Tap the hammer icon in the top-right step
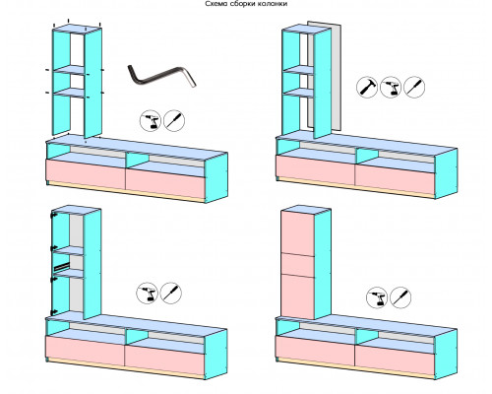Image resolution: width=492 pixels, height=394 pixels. pyautogui.click(x=367, y=87)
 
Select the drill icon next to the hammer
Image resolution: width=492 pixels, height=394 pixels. pyautogui.click(x=391, y=87)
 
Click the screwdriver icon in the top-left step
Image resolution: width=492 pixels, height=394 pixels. pyautogui.click(x=174, y=120)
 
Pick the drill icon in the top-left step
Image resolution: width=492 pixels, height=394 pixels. pyautogui.click(x=151, y=120)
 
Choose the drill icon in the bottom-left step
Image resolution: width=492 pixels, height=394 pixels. pyautogui.click(x=148, y=293)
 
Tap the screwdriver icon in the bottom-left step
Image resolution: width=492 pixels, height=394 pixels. pyautogui.click(x=171, y=293)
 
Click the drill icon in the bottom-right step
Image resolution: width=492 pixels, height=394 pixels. pyautogui.click(x=377, y=297)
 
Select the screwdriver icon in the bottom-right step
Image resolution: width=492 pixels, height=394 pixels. pyautogui.click(x=400, y=297)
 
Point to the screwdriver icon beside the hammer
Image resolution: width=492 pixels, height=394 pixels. pyautogui.click(x=414, y=87)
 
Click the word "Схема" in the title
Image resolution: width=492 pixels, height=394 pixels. pyautogui.click(x=215, y=4)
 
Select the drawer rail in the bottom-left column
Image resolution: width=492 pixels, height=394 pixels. pyautogui.click(x=62, y=266)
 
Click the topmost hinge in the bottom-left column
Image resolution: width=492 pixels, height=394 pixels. pyautogui.click(x=53, y=215)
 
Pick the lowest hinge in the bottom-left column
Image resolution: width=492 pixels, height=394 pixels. pyautogui.click(x=53, y=312)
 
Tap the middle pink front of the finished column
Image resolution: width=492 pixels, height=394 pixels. pyautogui.click(x=298, y=265)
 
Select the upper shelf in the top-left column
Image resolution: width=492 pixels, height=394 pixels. pyautogui.click(x=70, y=70)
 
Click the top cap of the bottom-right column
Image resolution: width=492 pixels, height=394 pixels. pyautogui.click(x=306, y=210)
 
